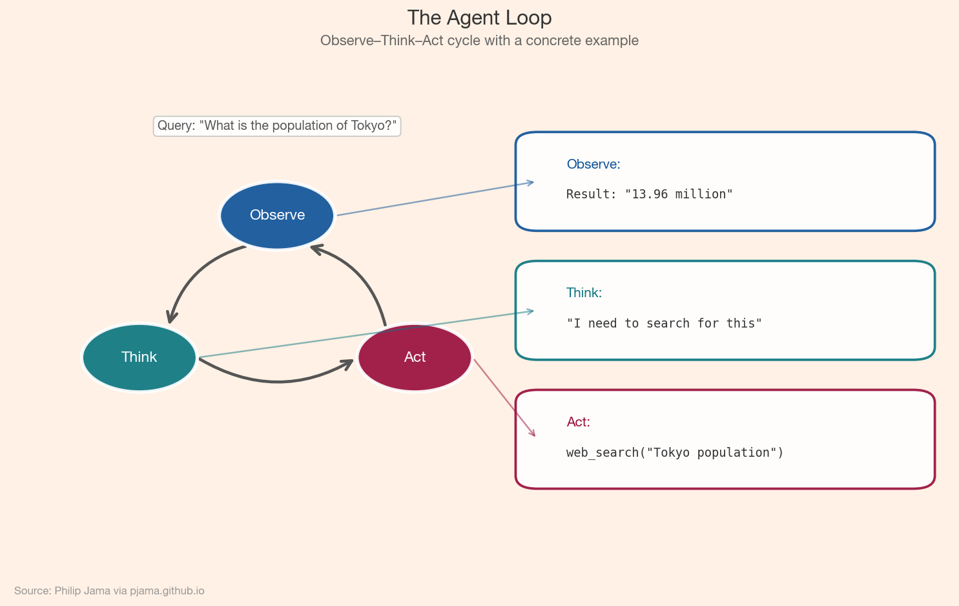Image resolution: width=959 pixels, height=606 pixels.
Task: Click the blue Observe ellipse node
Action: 277,215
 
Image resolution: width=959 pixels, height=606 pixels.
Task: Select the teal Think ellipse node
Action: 139,357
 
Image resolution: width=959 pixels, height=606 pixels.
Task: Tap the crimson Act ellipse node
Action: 415,357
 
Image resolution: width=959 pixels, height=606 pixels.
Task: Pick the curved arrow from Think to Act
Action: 278,381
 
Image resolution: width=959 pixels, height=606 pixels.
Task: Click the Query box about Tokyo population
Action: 276,126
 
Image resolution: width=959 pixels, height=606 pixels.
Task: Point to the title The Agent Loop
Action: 479,18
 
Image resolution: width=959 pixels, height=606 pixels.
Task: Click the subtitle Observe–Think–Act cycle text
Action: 479,41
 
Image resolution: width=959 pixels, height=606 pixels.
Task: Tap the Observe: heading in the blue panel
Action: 593,164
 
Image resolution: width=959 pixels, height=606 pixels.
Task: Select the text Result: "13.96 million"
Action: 649,194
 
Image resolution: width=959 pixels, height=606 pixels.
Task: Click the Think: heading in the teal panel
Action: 584,293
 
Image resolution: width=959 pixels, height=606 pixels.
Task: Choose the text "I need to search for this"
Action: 664,323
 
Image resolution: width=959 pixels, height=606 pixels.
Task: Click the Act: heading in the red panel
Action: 578,422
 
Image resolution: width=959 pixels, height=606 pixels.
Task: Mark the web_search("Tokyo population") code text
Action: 674,452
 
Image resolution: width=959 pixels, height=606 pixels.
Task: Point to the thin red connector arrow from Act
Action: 504,397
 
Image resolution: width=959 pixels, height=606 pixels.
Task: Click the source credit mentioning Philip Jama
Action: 109,590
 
